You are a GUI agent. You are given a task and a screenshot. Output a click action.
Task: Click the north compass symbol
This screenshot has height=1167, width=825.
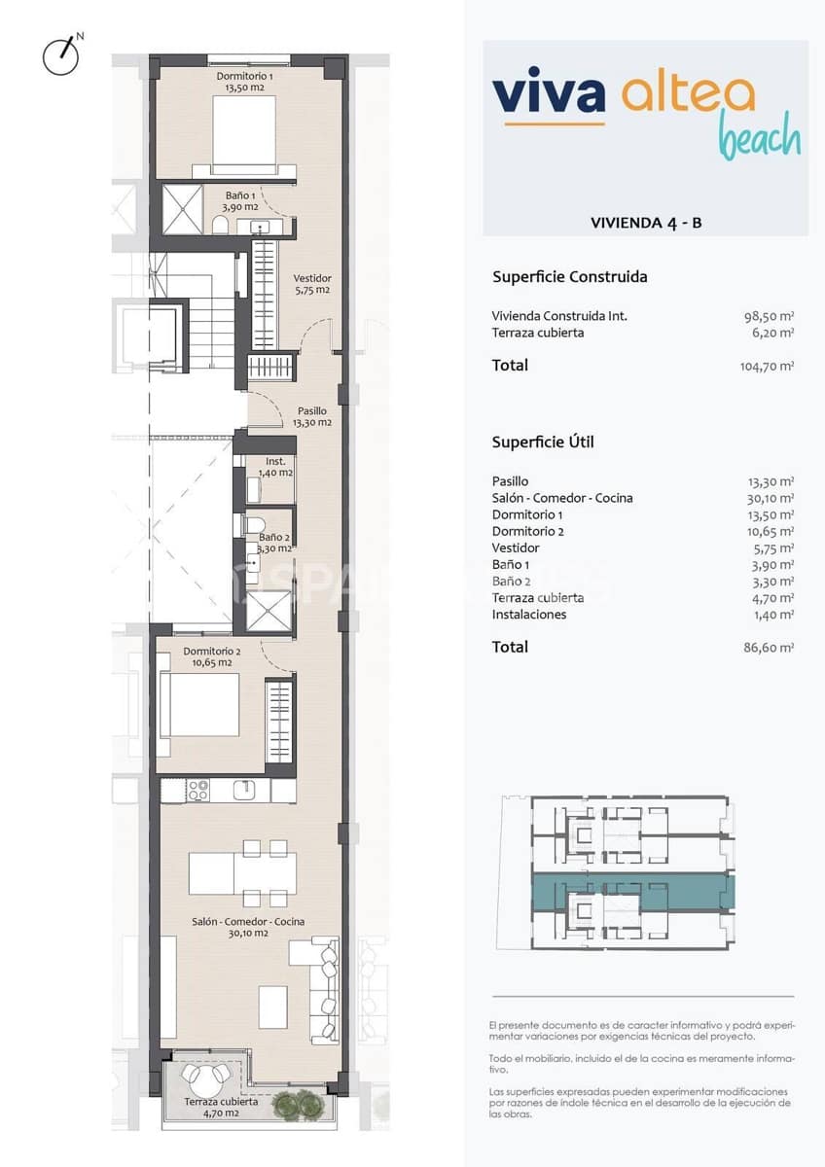pos(60,55)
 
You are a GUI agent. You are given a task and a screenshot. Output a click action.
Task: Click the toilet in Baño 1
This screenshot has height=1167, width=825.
pos(220,226)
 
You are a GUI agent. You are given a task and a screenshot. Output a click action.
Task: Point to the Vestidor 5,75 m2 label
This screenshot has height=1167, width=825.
pos(312,283)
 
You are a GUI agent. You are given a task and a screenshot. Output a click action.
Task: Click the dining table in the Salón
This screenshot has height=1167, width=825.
pos(243,872)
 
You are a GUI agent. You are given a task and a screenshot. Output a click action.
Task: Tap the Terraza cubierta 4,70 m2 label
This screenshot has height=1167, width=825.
pos(222,1107)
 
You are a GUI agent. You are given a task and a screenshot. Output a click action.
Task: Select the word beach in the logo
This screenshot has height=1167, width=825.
pos(759,137)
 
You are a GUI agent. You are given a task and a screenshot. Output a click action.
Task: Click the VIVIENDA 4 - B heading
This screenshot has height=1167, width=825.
pos(645,223)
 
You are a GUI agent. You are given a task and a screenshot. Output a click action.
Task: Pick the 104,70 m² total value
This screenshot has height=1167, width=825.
pos(767,366)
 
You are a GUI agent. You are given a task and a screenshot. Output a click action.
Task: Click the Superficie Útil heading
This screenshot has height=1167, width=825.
pos(543,442)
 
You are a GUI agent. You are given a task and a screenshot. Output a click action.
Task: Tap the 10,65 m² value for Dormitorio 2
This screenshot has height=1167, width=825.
pos(774,531)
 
